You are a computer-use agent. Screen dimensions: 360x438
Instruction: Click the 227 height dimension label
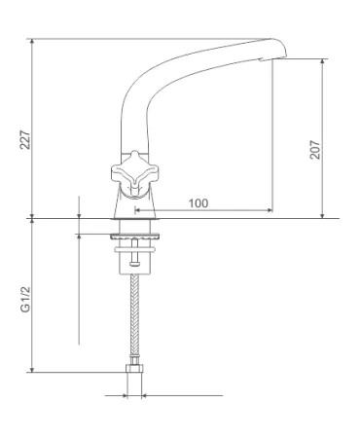[x=25, y=140]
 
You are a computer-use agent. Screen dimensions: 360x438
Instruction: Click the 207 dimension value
[x=315, y=150]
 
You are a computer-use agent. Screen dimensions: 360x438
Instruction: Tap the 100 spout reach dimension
[x=198, y=203]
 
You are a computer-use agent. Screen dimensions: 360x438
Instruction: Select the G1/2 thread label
[x=25, y=300]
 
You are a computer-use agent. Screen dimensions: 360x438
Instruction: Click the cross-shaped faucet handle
[x=134, y=173]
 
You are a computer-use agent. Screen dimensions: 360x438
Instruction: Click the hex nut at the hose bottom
[x=134, y=369]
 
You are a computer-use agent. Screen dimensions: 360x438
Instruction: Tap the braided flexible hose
[x=134, y=315]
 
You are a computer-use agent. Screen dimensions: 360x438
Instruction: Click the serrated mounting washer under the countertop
[x=135, y=237]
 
